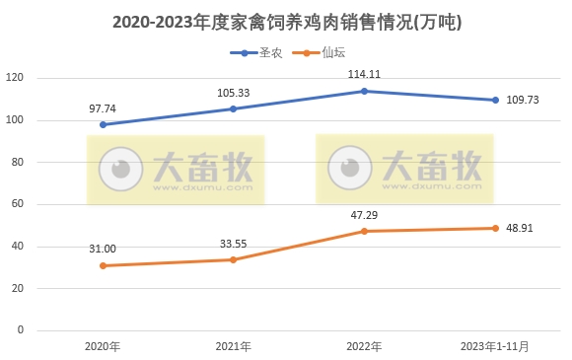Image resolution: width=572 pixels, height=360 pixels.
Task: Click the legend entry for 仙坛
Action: click(324, 53)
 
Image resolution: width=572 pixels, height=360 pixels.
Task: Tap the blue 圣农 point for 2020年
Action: click(103, 124)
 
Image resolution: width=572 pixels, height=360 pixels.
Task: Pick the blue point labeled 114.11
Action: click(365, 91)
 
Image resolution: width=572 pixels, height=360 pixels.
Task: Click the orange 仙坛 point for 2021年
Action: click(234, 259)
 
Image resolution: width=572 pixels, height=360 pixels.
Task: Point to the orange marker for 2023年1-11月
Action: click(496, 228)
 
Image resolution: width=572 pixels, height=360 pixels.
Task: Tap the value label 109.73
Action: click(522, 101)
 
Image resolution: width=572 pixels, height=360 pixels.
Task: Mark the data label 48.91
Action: click(522, 228)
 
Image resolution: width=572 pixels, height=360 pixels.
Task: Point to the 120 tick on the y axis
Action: click(15, 78)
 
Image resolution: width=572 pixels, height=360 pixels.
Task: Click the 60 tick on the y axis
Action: click(18, 204)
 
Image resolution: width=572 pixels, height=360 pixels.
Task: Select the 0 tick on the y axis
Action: click(21, 330)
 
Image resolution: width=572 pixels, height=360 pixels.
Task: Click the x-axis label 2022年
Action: click(365, 347)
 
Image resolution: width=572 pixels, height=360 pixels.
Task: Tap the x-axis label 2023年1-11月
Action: click(496, 347)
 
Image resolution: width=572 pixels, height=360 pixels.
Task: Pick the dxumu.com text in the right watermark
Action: click(434, 186)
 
